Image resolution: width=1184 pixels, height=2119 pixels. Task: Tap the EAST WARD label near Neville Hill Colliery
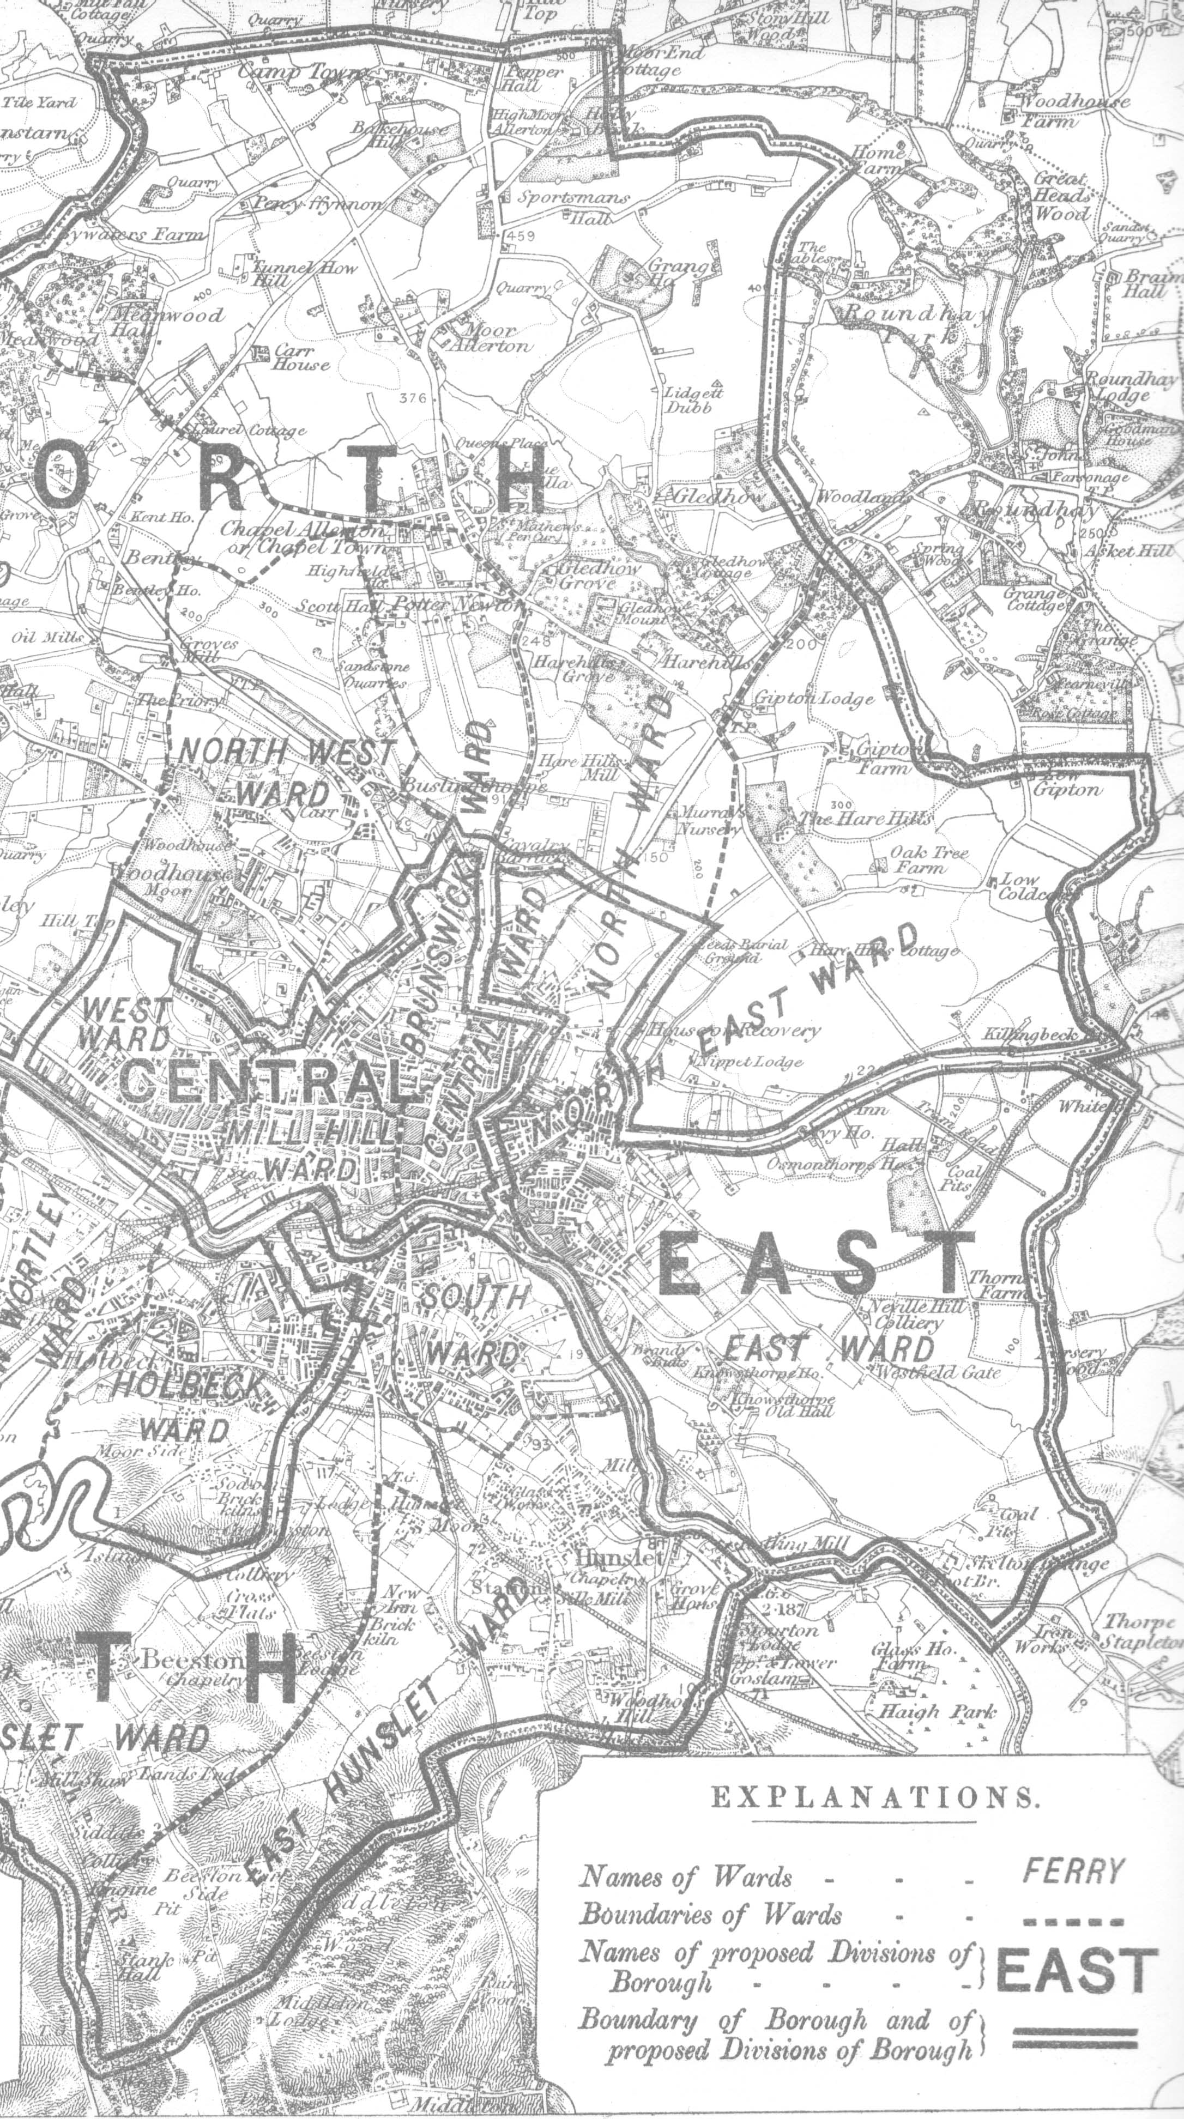pos(829,1349)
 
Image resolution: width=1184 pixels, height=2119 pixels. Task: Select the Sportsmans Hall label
pos(573,207)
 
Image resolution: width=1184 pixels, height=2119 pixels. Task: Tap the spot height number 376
pos(412,398)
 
